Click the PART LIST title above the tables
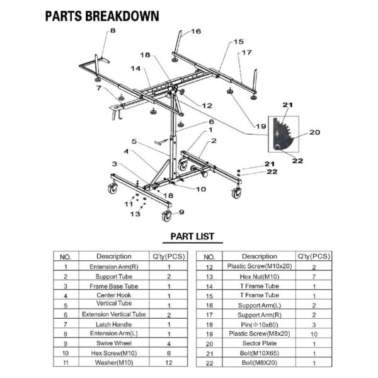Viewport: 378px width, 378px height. (x=189, y=238)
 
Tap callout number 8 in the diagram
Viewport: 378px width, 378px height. (x=113, y=30)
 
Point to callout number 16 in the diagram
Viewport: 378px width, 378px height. (x=196, y=31)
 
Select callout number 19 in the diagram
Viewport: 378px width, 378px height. (x=261, y=127)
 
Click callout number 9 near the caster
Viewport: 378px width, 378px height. (x=181, y=212)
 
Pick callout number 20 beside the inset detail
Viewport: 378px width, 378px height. (x=315, y=132)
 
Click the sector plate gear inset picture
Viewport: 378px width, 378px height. (x=283, y=134)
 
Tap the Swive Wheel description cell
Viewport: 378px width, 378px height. (x=113, y=343)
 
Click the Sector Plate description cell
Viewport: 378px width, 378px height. (x=260, y=343)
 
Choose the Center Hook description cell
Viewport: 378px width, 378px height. (x=113, y=295)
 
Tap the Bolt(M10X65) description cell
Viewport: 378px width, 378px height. (x=260, y=353)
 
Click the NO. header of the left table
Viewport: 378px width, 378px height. (x=65, y=257)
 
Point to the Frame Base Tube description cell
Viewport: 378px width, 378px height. (x=113, y=285)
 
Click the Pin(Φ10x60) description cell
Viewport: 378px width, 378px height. (x=260, y=324)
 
